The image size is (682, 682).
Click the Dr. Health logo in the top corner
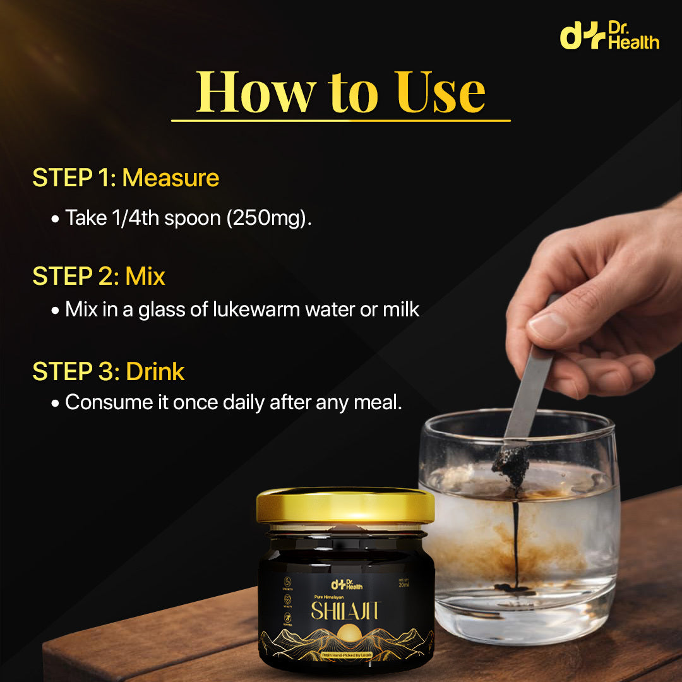coord(609,37)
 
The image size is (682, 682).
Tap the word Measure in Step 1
coord(170,178)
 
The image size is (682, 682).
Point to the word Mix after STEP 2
coord(145,276)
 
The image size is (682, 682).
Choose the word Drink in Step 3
coord(155,372)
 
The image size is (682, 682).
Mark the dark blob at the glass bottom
coord(515,588)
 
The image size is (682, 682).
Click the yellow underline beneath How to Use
coord(340,120)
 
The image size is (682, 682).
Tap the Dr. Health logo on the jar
coord(345,584)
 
